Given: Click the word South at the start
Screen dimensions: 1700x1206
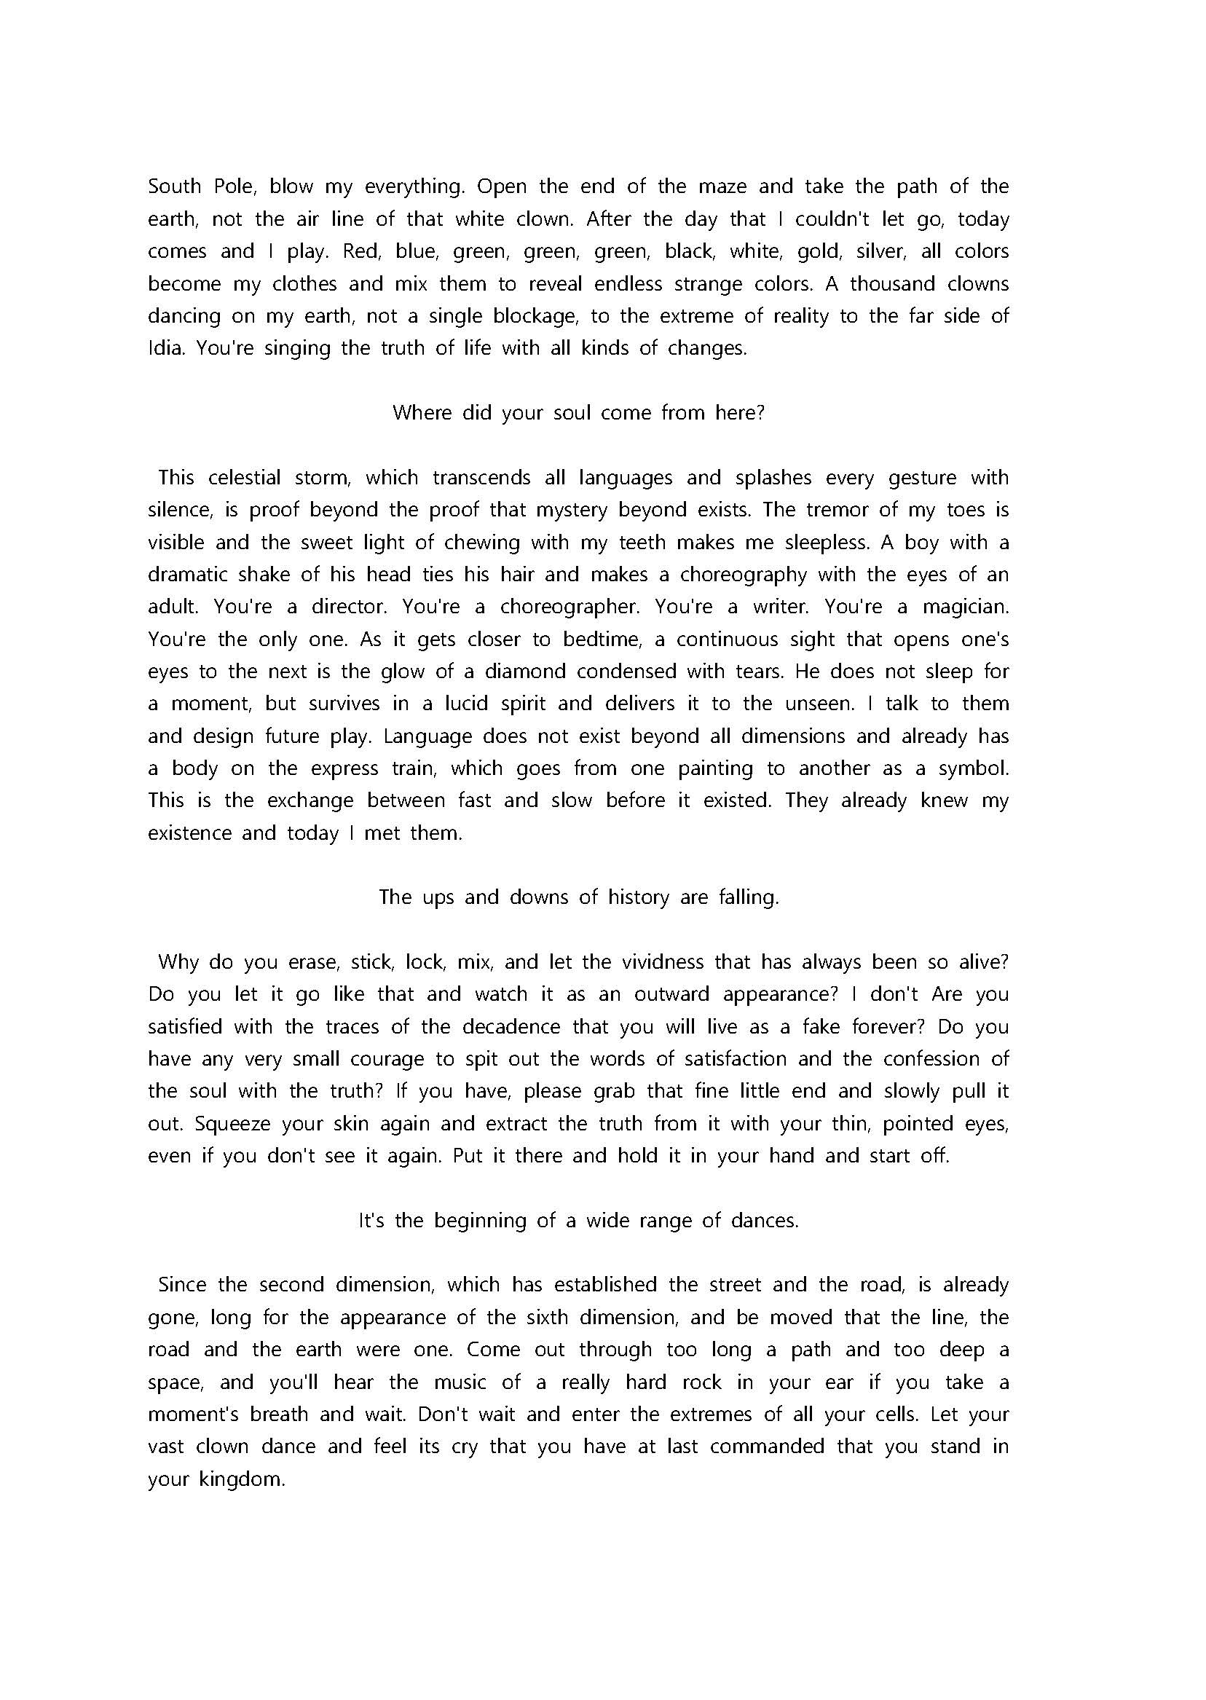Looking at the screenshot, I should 175,186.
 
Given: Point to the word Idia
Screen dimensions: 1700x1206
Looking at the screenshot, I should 165,348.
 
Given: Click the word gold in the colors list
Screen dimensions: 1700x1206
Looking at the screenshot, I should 819,252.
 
